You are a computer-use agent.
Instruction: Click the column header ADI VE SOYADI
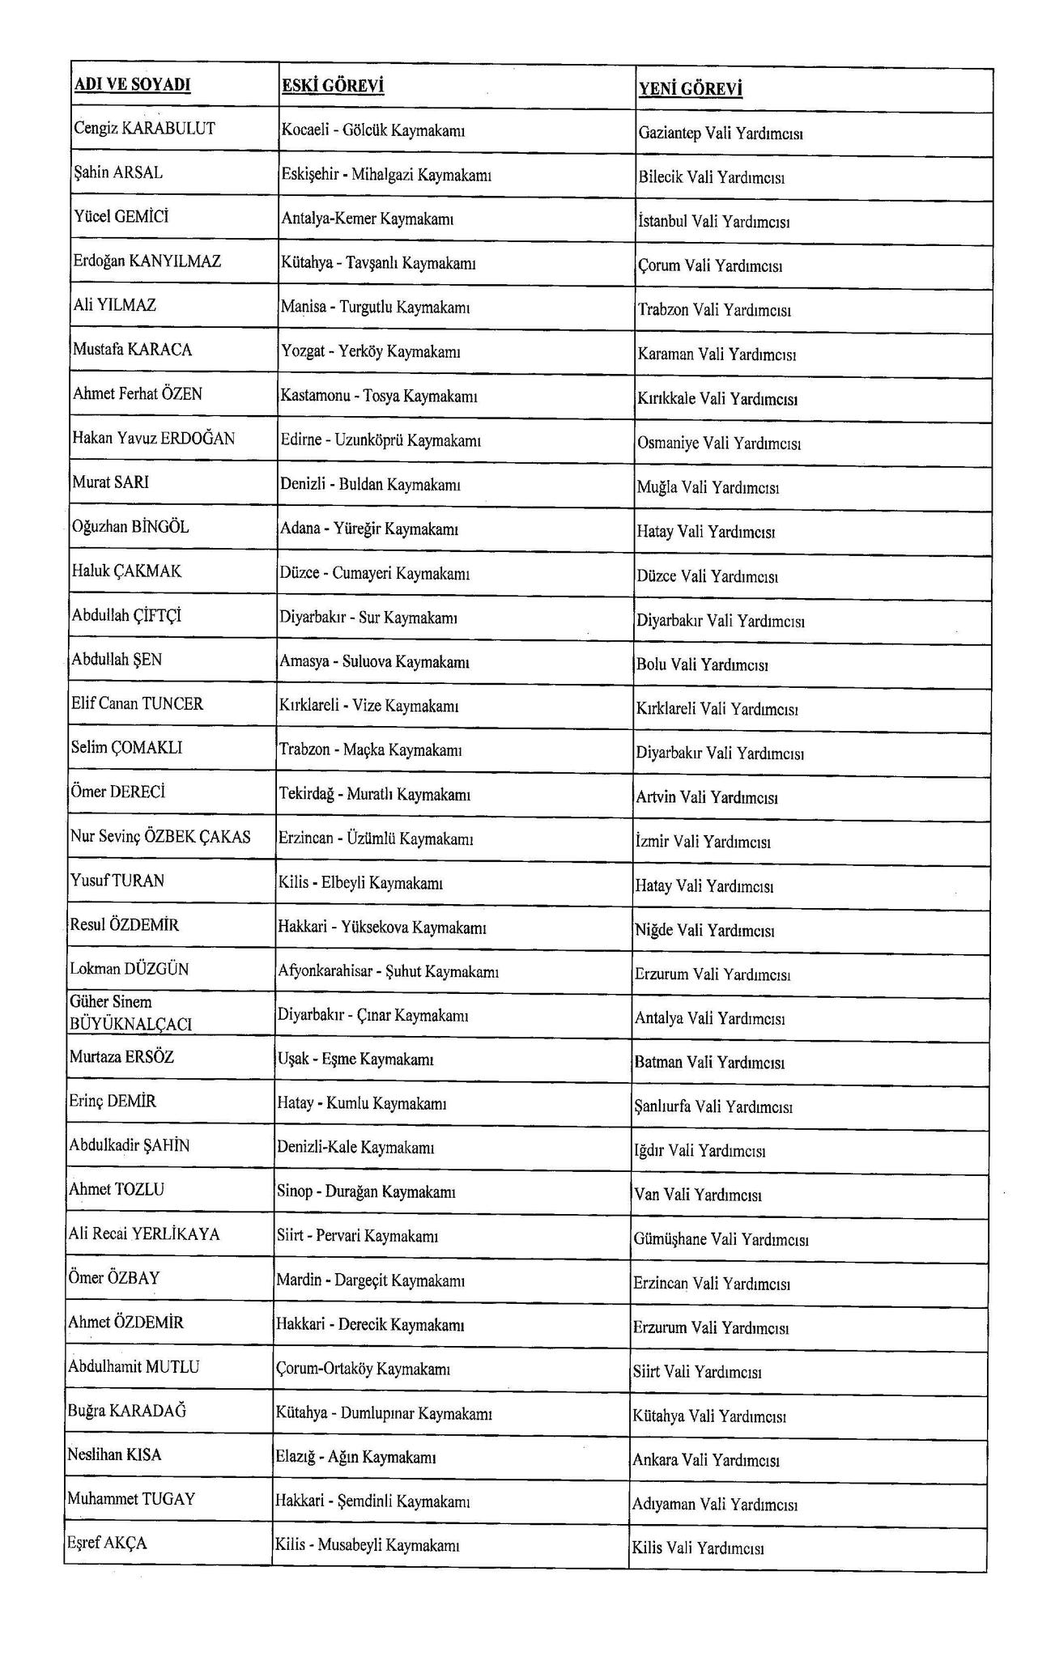tap(133, 85)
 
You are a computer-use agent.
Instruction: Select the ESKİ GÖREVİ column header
tap(332, 86)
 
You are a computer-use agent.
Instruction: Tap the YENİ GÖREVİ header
tap(690, 88)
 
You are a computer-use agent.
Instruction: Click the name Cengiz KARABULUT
tap(144, 129)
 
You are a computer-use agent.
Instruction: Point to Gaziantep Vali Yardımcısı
tap(720, 134)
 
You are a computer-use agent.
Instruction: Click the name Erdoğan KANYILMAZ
tap(147, 261)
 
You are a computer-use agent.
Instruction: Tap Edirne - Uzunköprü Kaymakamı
tap(380, 440)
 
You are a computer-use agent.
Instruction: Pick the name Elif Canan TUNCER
tap(137, 703)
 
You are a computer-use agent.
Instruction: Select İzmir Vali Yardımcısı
tap(703, 842)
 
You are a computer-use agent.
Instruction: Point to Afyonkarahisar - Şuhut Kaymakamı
tap(388, 971)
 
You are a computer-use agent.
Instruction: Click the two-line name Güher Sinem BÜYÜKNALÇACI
tap(131, 1013)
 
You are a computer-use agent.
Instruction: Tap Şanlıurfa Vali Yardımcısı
tap(713, 1106)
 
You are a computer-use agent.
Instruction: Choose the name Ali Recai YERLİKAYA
tap(144, 1234)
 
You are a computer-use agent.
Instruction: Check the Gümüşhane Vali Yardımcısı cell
tap(721, 1239)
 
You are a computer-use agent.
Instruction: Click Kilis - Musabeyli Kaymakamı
tap(368, 1545)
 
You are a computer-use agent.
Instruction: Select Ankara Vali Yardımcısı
tap(706, 1461)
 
